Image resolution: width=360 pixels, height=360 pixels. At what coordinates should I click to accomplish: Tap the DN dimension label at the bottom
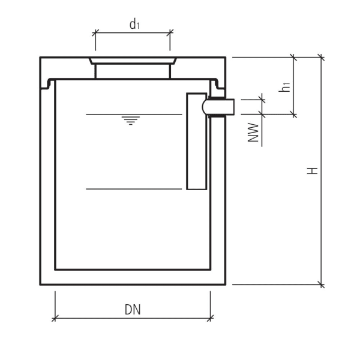coord(133,310)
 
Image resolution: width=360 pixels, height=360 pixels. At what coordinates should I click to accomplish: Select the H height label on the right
coord(312,171)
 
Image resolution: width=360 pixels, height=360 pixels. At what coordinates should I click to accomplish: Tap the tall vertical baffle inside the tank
coord(196,141)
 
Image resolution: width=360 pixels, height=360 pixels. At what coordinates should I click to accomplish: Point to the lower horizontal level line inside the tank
coord(133,189)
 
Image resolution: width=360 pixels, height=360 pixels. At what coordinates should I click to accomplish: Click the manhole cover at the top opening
coord(133,61)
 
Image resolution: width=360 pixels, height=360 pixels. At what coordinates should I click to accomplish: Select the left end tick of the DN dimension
coord(55,318)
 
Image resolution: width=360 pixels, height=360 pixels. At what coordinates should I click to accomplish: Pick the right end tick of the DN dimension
coord(211,318)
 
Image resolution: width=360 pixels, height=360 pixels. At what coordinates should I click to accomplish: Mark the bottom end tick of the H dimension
coord(321,284)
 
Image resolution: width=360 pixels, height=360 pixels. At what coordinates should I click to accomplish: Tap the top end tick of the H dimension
coord(321,58)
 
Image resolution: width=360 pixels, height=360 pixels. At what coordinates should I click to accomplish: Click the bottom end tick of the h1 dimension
coord(294,114)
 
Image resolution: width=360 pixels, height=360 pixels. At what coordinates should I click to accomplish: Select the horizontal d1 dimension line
coord(133,34)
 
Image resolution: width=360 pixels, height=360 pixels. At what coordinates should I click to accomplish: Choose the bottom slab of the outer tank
coord(133,277)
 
